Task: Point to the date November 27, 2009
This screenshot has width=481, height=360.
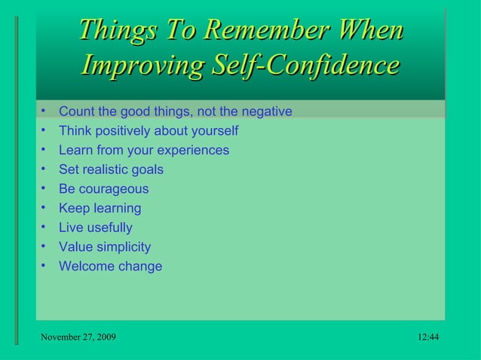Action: pos(78,337)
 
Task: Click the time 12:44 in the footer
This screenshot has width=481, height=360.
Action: pos(427,337)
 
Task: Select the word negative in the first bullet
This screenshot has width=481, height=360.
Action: pos(267,111)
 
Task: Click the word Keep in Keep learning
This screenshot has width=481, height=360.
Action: pos(73,208)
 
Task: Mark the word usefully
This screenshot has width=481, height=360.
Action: pos(109,227)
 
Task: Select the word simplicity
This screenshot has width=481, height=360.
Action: pos(122,247)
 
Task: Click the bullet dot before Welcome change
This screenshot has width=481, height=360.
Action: pos(45,265)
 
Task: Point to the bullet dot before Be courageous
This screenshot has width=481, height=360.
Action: pos(45,188)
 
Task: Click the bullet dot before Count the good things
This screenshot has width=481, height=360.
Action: pos(45,111)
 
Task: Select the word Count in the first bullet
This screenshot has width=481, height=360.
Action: pos(76,111)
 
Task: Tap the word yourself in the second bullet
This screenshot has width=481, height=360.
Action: pos(213,131)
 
